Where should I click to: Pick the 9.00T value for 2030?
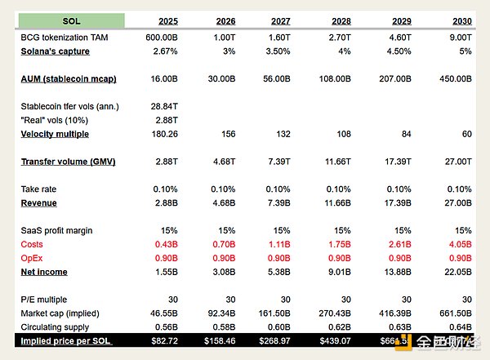[458, 38]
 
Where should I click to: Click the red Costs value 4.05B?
[458, 245]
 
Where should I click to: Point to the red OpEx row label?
[33, 258]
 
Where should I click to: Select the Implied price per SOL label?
[66, 340]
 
